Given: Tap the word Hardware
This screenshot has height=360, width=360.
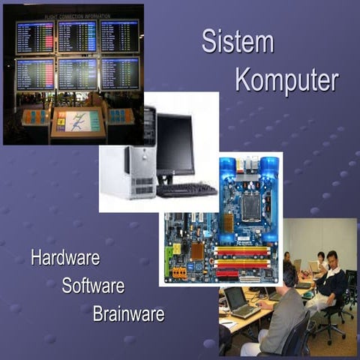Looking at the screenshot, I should tap(65, 259).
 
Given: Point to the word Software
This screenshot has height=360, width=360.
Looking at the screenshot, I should tap(93, 286).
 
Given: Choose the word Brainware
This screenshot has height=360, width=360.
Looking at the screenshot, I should tap(128, 313).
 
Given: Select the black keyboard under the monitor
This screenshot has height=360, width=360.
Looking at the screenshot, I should tap(186, 190).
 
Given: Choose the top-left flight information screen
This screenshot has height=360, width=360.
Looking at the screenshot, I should tap(35, 37).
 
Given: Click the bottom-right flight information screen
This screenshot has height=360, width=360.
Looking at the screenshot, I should tap(120, 73).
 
